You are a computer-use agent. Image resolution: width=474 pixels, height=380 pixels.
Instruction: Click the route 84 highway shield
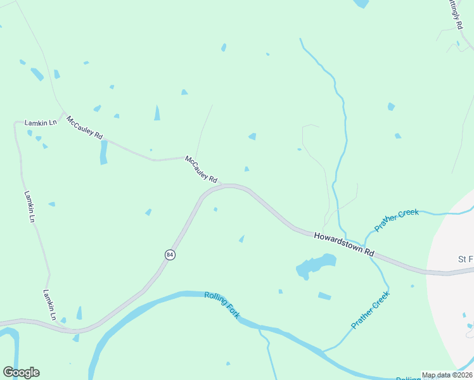click(x=169, y=254)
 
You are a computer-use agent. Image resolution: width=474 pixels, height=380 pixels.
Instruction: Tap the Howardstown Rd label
click(x=344, y=244)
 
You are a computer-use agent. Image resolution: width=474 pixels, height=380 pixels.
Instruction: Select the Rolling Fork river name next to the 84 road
click(x=222, y=305)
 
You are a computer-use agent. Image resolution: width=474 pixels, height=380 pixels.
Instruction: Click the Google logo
click(x=21, y=372)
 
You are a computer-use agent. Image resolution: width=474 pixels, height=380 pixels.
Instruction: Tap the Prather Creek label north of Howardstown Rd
click(x=397, y=220)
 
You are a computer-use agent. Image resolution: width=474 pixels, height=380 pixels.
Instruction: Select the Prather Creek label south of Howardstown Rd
click(x=370, y=310)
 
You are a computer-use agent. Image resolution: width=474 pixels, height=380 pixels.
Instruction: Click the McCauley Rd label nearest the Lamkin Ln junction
click(x=84, y=127)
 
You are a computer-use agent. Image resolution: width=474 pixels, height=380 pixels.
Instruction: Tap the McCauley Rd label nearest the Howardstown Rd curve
click(x=201, y=168)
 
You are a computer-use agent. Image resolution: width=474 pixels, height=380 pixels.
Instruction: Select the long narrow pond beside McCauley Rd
click(x=104, y=151)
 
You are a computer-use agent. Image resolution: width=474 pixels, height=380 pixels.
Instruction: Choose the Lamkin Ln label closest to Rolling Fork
click(x=50, y=305)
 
